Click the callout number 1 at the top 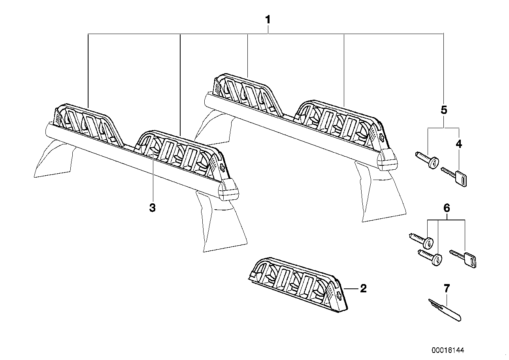pos(268,20)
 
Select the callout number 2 pos(363,288)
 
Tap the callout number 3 pos(152,208)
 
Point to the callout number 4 pos(459,144)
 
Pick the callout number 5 pos(444,110)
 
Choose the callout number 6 pos(447,208)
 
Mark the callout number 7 pos(447,288)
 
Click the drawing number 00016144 pos(448,351)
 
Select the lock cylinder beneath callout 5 pos(427,160)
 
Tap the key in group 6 pos(463,259)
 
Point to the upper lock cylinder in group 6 pos(421,241)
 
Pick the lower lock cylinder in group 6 pos(430,258)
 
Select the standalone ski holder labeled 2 pos(298,284)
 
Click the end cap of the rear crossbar pos(387,160)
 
